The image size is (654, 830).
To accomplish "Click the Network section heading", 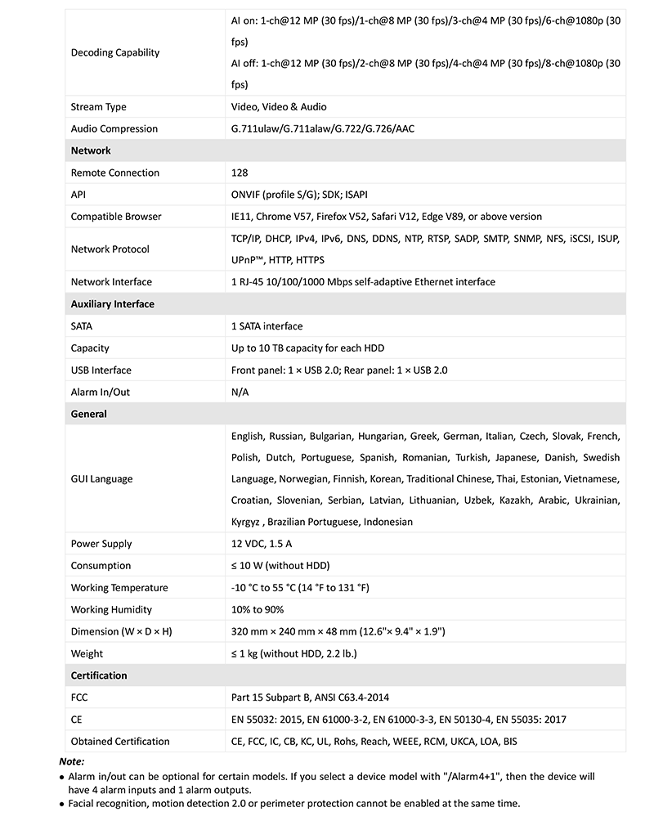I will click(x=91, y=150).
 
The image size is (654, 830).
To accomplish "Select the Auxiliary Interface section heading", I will click(x=112, y=304).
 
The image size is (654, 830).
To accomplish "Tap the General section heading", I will click(x=89, y=414).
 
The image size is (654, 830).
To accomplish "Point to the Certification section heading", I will click(x=99, y=675).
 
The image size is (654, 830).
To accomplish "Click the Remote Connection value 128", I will click(x=240, y=173).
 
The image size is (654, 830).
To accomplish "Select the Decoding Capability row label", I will click(x=115, y=52).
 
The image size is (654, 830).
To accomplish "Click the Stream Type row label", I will click(x=98, y=107).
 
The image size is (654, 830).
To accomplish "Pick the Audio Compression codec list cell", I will click(x=323, y=129).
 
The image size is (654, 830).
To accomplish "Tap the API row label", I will click(x=78, y=195).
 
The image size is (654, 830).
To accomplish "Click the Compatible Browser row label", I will click(x=116, y=217).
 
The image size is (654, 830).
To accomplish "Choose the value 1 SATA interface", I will click(x=267, y=326).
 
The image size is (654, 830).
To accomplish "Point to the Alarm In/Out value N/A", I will click(x=240, y=392).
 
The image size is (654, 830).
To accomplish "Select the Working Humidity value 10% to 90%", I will click(x=258, y=610).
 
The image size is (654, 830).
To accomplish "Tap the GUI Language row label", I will click(x=101, y=479).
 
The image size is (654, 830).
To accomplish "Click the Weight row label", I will click(x=87, y=653).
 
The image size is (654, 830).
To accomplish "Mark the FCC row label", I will click(x=80, y=698).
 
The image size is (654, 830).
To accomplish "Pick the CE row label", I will click(x=77, y=720).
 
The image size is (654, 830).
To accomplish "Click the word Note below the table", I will click(x=72, y=761).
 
